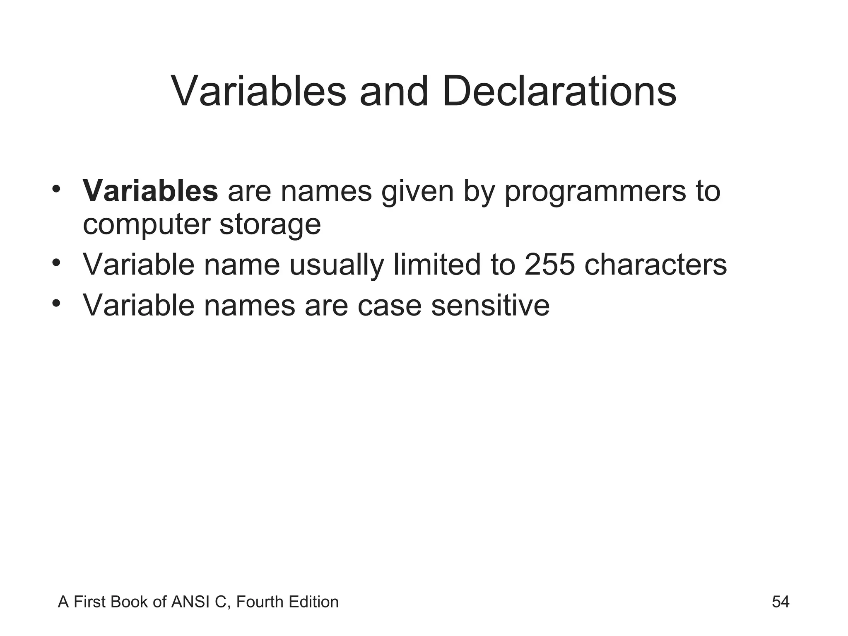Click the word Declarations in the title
click(x=559, y=92)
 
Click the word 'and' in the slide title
click(x=393, y=92)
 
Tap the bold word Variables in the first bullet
click(x=150, y=191)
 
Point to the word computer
click(x=147, y=225)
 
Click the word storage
click(x=270, y=225)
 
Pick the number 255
click(x=549, y=265)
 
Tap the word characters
click(x=655, y=265)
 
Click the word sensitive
click(x=490, y=305)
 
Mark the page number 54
click(x=781, y=602)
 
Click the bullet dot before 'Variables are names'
click(x=57, y=189)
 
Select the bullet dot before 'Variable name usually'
click(x=57, y=263)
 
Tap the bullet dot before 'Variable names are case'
click(x=57, y=304)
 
